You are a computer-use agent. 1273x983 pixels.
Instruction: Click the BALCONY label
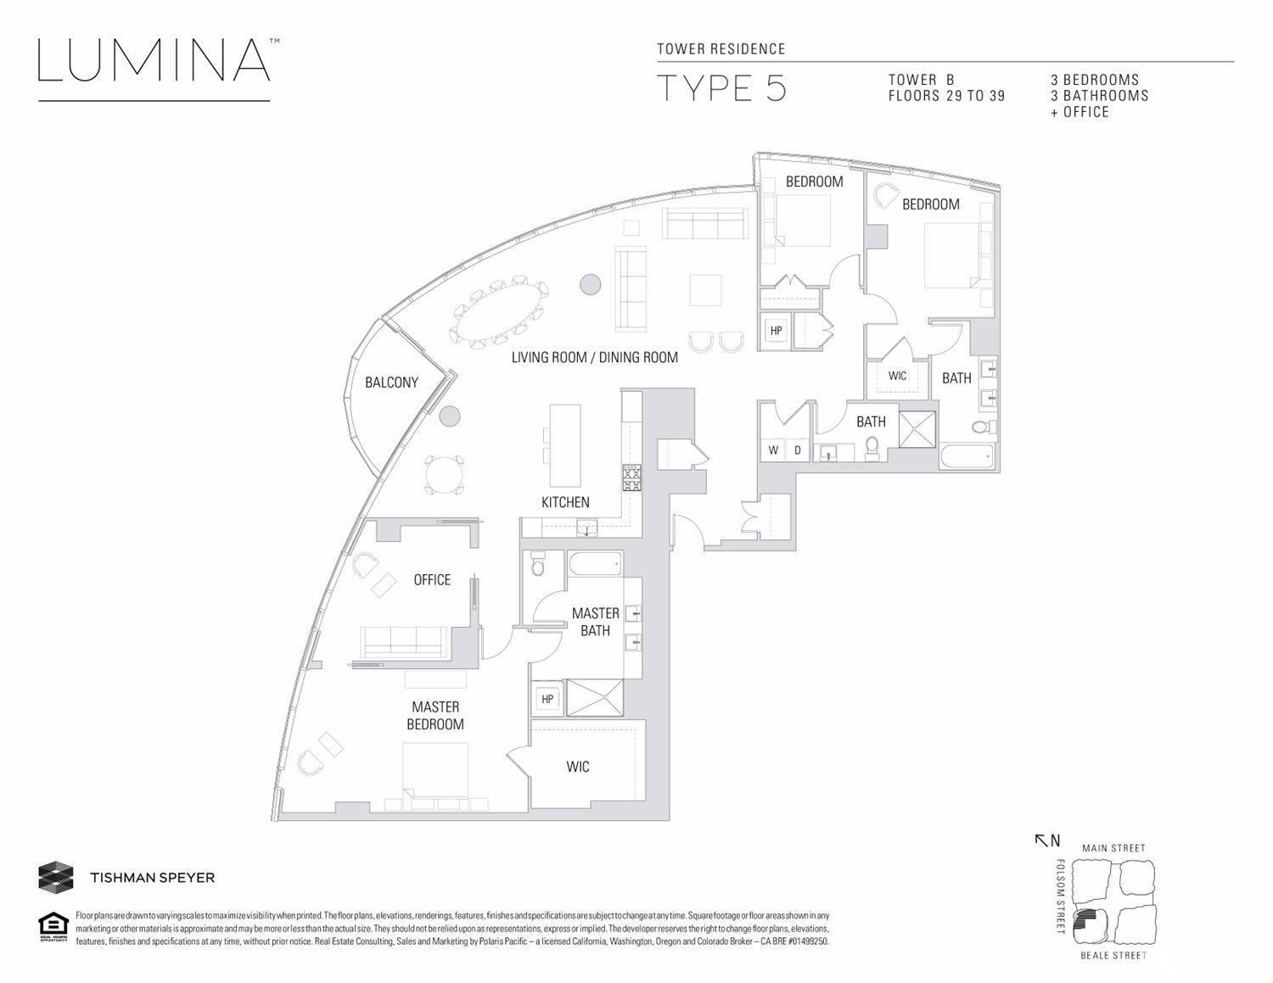pyautogui.click(x=391, y=383)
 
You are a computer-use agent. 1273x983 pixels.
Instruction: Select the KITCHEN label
pyautogui.click(x=564, y=502)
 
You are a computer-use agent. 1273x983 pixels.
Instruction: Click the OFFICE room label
pyautogui.click(x=432, y=579)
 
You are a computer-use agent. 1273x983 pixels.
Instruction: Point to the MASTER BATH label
pyautogui.click(x=595, y=622)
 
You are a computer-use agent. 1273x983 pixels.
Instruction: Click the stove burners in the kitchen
pyautogui.click(x=632, y=478)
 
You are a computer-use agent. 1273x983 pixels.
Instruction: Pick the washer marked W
pyautogui.click(x=773, y=450)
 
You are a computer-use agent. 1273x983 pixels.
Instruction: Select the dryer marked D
pyautogui.click(x=797, y=450)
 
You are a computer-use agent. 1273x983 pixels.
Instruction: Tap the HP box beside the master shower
pyautogui.click(x=547, y=699)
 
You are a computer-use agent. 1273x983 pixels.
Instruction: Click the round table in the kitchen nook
pyautogui.click(x=445, y=475)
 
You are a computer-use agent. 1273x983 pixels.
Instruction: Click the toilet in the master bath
pyautogui.click(x=537, y=564)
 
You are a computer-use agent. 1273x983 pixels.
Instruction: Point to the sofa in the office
pyautogui.click(x=404, y=642)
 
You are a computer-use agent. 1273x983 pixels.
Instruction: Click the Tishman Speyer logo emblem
pyautogui.click(x=56, y=877)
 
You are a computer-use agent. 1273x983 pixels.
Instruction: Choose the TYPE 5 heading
pyautogui.click(x=721, y=88)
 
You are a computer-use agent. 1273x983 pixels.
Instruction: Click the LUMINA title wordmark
pyautogui.click(x=154, y=59)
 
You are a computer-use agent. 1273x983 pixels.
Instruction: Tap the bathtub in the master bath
pyautogui.click(x=595, y=564)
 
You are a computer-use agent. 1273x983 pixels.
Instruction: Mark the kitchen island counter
pyautogui.click(x=564, y=445)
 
